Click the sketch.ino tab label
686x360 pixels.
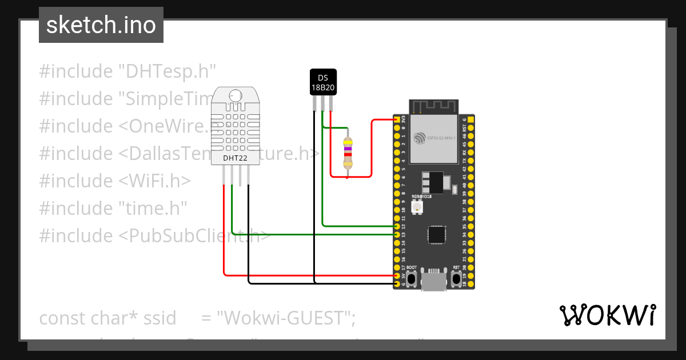coord(101,25)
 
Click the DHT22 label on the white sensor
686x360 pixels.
coord(235,158)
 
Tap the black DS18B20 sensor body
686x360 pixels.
coord(323,82)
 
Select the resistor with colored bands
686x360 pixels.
coord(347,153)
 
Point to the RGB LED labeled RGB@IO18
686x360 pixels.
coord(417,206)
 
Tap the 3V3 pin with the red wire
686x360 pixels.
coord(397,119)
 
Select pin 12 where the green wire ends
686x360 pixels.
coord(397,226)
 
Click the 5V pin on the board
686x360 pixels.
coord(397,275)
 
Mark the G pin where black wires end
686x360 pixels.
coord(397,283)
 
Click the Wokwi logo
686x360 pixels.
coord(607,315)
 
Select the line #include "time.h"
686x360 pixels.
coord(113,208)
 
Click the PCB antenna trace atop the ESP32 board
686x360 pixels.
coord(434,106)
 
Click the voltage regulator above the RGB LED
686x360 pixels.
coord(433,182)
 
